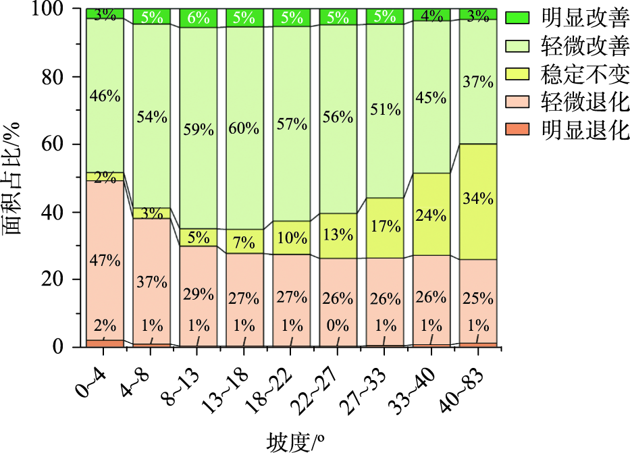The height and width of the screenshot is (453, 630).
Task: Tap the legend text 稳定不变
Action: click(584, 72)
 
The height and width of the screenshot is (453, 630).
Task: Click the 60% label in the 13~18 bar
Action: click(244, 128)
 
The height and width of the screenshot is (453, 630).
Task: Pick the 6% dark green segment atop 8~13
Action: click(198, 18)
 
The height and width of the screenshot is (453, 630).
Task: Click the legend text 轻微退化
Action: click(584, 103)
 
